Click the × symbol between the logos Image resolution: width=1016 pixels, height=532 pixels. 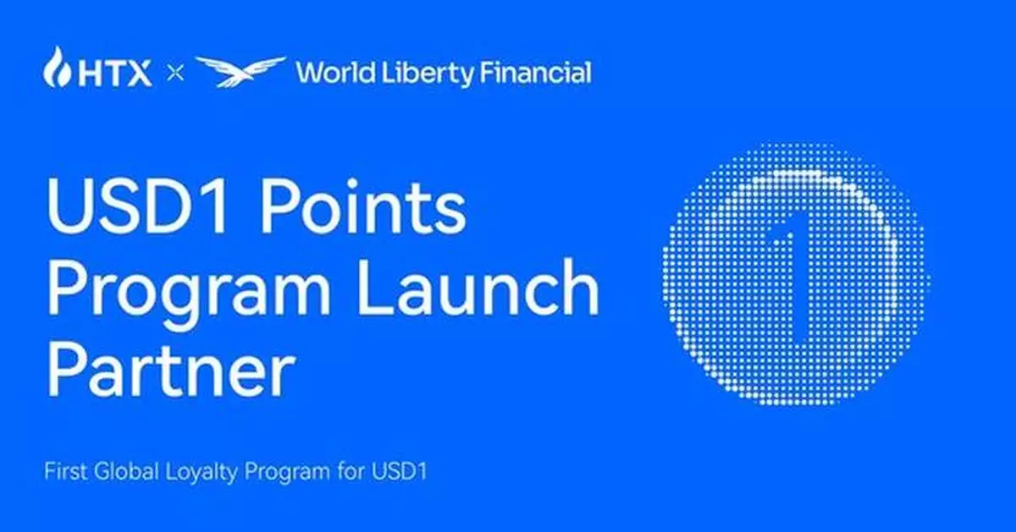coord(174,74)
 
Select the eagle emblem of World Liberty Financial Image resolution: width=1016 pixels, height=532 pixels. coord(240,71)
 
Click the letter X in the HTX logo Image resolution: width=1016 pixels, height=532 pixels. coord(138,74)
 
